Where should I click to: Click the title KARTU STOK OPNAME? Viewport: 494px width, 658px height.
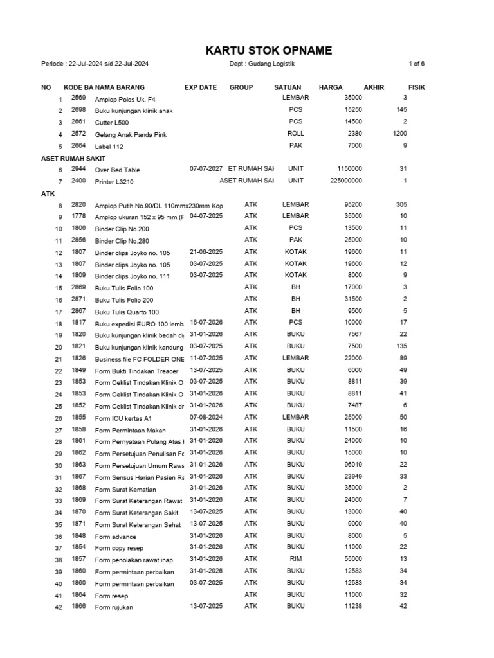coord(269,50)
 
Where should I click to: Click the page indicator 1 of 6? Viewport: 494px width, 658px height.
coord(416,64)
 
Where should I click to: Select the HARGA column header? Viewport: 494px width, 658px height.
coord(331,87)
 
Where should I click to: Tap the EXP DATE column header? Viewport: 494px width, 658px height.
coord(201,87)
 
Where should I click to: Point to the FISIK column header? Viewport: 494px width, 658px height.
coord(417,87)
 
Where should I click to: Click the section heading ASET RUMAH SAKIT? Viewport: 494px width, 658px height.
coord(73,158)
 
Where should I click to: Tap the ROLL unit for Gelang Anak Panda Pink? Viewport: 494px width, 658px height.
coord(296,134)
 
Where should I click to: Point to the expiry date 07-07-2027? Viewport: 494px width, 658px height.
coord(206,169)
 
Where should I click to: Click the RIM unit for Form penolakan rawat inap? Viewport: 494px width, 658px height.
coord(296,559)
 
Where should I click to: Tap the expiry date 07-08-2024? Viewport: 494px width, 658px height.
coord(206,418)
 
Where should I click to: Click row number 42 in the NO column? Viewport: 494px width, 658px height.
coord(58,608)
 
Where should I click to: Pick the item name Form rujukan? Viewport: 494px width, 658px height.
coord(114,607)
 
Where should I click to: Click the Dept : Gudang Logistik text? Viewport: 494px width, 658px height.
coord(262,64)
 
